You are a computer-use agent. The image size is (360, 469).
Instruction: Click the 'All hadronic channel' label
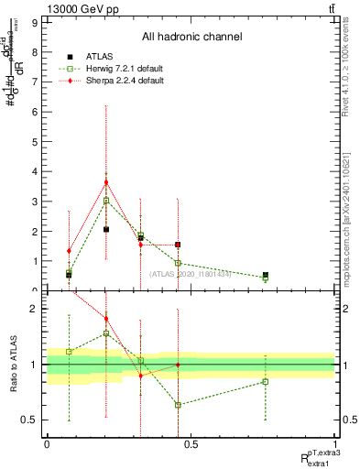tap(191, 38)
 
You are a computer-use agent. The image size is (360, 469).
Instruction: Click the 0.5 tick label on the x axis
tap(191, 444)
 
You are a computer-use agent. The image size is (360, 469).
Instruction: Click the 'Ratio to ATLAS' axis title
tap(13, 364)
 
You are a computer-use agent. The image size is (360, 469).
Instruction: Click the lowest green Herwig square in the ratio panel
tap(178, 405)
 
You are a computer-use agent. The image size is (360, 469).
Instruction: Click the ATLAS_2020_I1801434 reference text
tap(191, 274)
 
